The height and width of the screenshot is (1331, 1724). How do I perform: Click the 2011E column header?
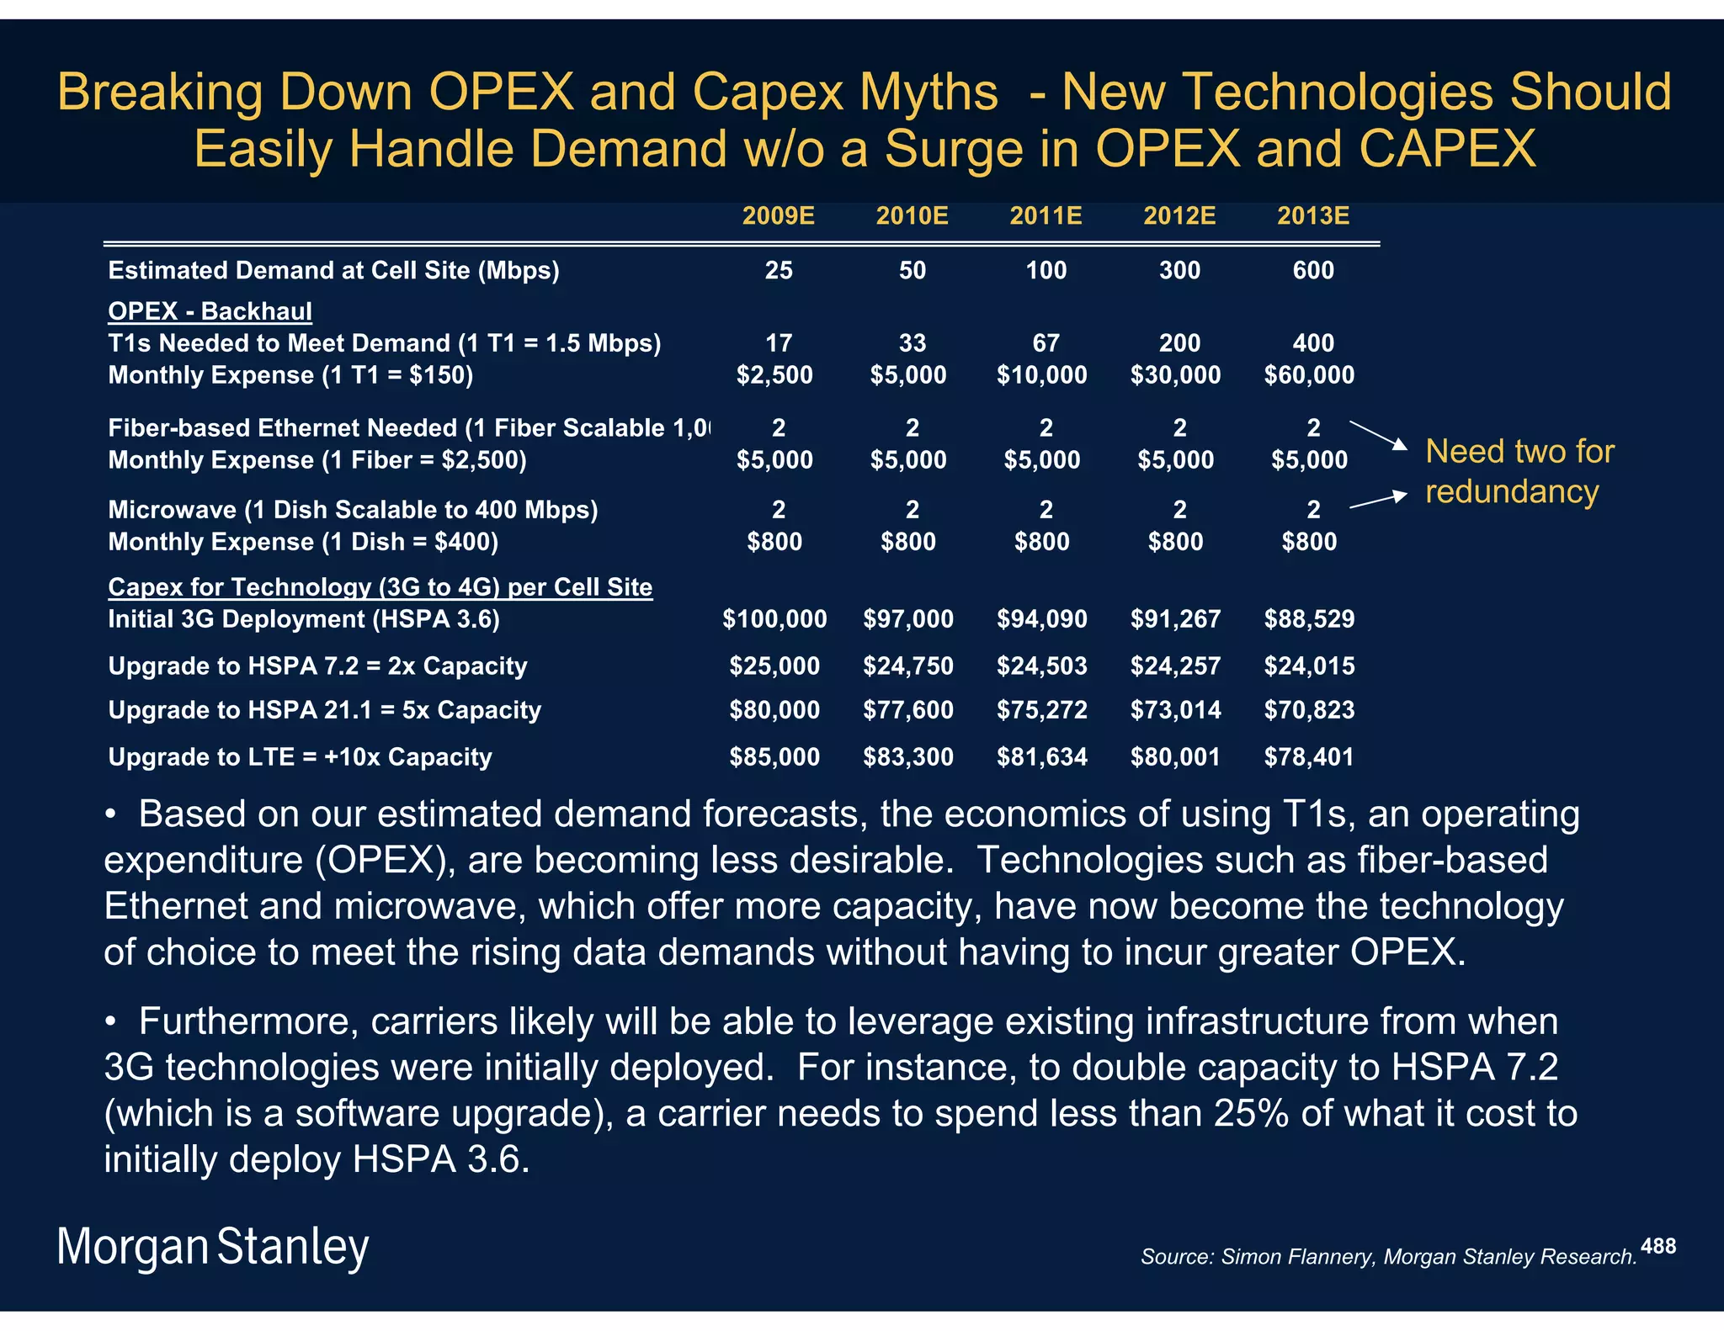[x=1046, y=216]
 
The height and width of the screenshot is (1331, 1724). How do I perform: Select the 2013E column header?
[x=1312, y=216]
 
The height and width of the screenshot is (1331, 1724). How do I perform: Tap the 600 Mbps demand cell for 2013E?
[x=1312, y=270]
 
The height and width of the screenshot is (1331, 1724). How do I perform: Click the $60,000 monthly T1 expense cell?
[x=1309, y=375]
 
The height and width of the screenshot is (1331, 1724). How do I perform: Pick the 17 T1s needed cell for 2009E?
[x=778, y=343]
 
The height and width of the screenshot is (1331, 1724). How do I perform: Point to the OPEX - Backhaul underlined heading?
[x=210, y=311]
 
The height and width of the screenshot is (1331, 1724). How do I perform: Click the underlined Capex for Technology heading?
[x=380, y=587]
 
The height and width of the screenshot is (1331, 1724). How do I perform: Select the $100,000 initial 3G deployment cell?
[x=774, y=619]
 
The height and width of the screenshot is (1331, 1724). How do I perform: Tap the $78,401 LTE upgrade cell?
[x=1309, y=757]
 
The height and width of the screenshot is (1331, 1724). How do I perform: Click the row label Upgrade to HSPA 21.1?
[x=324, y=710]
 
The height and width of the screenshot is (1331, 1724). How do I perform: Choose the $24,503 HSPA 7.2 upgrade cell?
[x=1042, y=666]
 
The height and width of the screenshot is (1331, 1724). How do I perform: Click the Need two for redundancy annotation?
[x=1519, y=471]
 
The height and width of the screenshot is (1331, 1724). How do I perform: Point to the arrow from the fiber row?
[x=1378, y=435]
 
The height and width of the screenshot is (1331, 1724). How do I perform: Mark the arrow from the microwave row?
[x=1378, y=501]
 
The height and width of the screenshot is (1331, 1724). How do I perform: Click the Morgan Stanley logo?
[x=213, y=1247]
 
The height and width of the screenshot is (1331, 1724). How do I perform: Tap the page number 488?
[x=1657, y=1246]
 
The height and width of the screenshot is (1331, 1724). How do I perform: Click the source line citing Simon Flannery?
[x=1388, y=1257]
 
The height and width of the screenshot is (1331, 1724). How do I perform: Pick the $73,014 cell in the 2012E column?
[x=1175, y=710]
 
